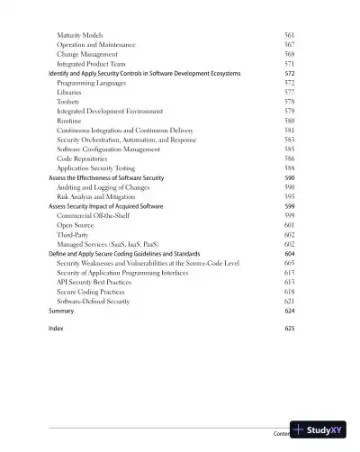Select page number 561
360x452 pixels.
[x=289, y=34]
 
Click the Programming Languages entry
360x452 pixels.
[x=94, y=83]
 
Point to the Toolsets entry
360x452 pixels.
[x=68, y=102]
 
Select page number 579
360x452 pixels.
[x=289, y=111]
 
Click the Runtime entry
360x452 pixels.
[x=68, y=121]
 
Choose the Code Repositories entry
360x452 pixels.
[x=82, y=158]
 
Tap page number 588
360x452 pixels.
[x=289, y=168]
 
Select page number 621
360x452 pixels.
[x=289, y=301]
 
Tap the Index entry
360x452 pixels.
[x=56, y=329]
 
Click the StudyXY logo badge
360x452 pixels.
[x=318, y=430]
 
